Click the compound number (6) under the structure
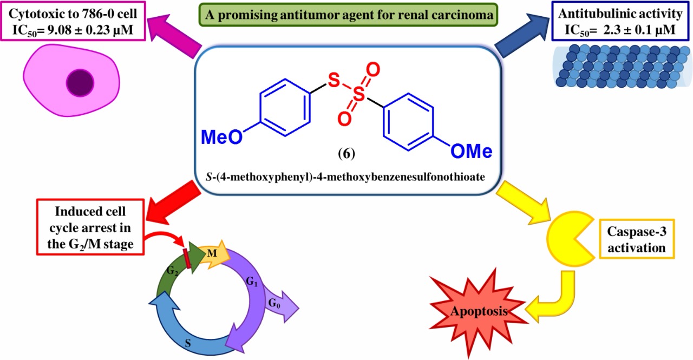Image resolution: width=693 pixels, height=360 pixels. point(346,154)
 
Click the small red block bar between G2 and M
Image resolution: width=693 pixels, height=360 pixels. point(187,259)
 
